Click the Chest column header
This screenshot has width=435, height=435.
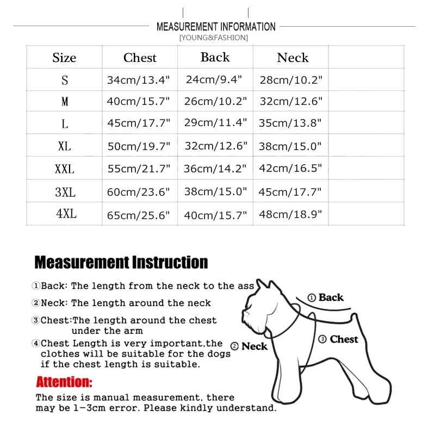(x=140, y=58)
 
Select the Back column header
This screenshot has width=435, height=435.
(x=215, y=57)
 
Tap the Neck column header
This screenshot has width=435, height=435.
(x=293, y=58)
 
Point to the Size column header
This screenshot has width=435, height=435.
(x=64, y=58)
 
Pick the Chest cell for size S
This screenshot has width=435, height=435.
(x=139, y=80)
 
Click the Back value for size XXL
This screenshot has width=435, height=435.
(x=215, y=169)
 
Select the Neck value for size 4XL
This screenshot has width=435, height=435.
(x=291, y=215)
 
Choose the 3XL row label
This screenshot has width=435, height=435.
(x=65, y=192)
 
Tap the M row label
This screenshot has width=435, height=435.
(x=65, y=102)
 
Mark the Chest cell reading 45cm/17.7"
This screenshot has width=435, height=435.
(x=139, y=123)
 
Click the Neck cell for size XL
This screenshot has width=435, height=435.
(x=291, y=146)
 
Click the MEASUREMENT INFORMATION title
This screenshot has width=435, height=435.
(x=216, y=27)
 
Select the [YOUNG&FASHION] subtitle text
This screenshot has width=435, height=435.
(x=213, y=38)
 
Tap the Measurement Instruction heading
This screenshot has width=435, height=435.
(x=121, y=263)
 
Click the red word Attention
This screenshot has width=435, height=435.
(x=64, y=382)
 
